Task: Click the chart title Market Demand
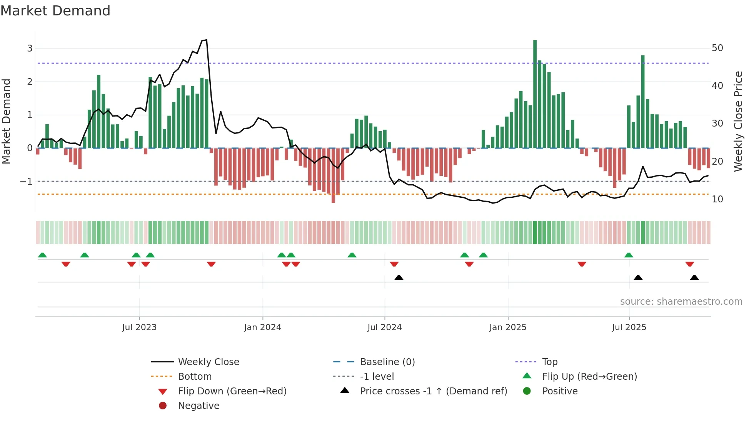pos(55,11)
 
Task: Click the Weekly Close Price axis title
pos(738,121)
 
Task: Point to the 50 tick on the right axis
pos(717,48)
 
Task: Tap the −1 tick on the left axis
pos(26,181)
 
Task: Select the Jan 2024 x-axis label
pos(262,327)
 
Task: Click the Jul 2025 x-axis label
pos(629,327)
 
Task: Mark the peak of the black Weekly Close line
pos(206,40)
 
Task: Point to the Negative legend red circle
pos(163,406)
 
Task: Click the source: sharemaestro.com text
pos(681,302)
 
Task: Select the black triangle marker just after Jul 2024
pos(399,277)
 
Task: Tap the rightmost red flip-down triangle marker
pos(689,264)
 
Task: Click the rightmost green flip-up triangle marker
pos(629,255)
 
